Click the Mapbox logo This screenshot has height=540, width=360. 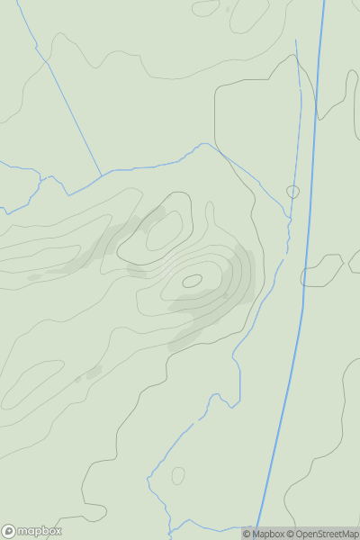(x=33, y=531)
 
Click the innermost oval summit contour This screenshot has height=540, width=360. (x=192, y=281)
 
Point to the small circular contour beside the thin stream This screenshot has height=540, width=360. (x=292, y=192)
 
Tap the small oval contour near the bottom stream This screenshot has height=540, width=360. (x=178, y=475)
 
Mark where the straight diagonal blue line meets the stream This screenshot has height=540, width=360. (x=100, y=173)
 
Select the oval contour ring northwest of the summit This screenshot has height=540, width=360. (x=164, y=231)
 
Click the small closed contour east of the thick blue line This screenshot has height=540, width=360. (x=322, y=269)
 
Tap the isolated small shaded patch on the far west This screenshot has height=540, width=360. (x=34, y=277)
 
